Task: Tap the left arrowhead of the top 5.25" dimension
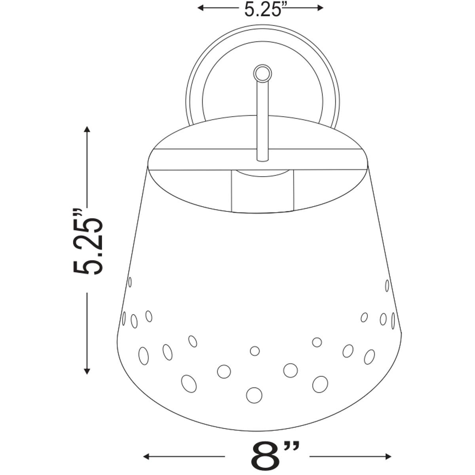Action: click(x=201, y=8)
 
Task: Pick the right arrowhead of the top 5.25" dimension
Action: click(x=320, y=8)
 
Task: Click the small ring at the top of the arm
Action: click(x=263, y=73)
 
